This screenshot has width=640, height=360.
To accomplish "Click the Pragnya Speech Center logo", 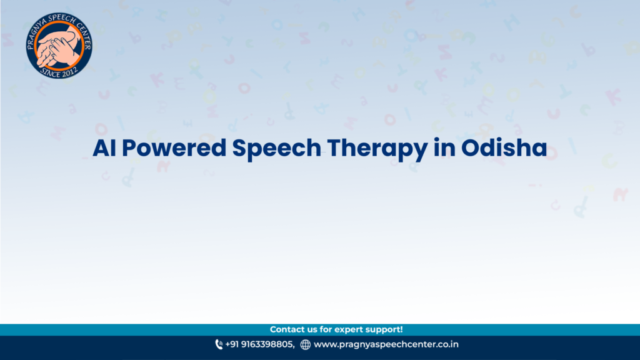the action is pos(59,45).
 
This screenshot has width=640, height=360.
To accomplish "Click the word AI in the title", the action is pos(104,147).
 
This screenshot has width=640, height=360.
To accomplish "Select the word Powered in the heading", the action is pos(174,147).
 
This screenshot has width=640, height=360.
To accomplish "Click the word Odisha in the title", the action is pos(504,147).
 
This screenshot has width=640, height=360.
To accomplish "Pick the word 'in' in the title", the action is pos(444,147).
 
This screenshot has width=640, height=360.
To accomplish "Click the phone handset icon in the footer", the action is pos(219,344).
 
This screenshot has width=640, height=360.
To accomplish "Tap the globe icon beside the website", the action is pos(305,344).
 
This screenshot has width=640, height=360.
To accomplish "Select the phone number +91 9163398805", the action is pos(259,344).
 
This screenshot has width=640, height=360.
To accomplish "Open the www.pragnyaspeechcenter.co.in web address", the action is pos(386,344).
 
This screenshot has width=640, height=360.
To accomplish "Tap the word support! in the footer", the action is pos(384,330).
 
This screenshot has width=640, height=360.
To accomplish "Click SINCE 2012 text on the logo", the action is pos(59,73).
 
